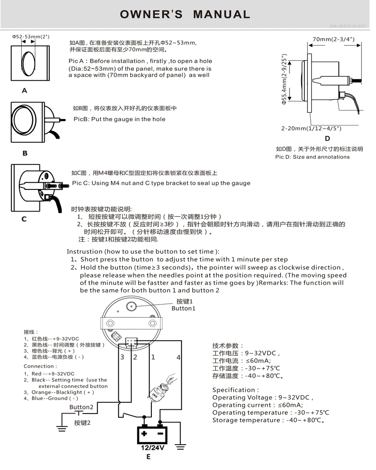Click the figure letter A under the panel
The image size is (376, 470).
click(24, 91)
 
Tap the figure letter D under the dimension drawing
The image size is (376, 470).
click(327, 138)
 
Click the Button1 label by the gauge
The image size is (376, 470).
click(182, 308)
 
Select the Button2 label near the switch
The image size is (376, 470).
click(81, 407)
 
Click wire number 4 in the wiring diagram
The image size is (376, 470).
click(178, 357)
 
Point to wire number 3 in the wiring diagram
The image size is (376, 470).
click(122, 357)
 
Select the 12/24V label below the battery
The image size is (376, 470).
click(153, 447)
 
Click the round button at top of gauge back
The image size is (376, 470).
click(132, 306)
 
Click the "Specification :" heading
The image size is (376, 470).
click(235, 390)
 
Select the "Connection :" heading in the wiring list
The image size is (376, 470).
click(40, 366)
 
